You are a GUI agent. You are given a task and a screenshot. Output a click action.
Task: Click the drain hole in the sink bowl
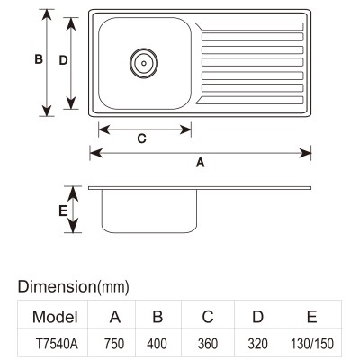tap(144, 63)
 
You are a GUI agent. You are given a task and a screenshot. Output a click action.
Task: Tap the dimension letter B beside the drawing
tap(39, 59)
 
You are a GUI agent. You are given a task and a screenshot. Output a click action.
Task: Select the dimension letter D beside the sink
tap(63, 60)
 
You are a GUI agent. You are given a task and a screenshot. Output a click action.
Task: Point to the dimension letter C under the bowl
tap(141, 139)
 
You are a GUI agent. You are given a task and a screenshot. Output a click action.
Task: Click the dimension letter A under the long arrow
tap(200, 163)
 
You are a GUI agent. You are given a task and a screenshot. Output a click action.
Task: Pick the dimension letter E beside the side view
tap(63, 211)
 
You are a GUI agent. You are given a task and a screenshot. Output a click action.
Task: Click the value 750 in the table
tap(114, 344)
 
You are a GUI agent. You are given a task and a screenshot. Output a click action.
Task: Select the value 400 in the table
tap(157, 344)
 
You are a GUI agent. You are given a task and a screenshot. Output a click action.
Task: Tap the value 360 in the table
tap(208, 344)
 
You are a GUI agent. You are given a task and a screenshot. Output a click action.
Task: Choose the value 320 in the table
tap(258, 344)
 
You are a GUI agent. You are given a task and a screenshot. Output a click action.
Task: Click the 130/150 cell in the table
tap(312, 344)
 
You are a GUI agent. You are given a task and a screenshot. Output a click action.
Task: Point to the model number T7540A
tap(57, 344)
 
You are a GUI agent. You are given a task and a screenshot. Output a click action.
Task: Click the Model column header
tap(55, 317)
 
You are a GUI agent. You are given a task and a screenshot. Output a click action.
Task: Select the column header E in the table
tap(312, 317)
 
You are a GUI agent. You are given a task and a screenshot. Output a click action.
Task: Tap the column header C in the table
tap(208, 317)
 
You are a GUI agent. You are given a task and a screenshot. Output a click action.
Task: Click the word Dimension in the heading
tap(57, 286)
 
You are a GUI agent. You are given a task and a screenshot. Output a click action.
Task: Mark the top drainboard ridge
tap(249, 27)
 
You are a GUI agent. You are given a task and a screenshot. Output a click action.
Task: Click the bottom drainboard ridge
tap(249, 100)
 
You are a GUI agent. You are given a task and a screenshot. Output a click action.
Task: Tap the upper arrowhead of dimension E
tap(73, 193)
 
